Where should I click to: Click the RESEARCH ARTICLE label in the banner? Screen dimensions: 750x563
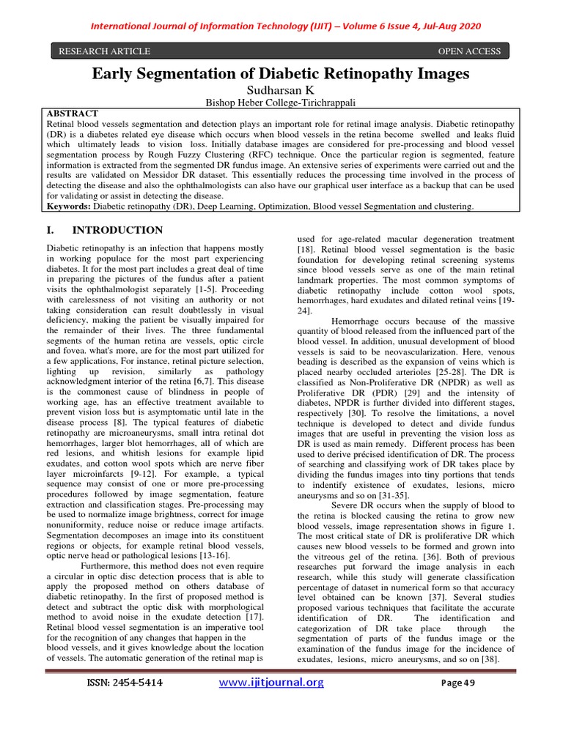104,51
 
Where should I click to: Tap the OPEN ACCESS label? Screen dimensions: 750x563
469,51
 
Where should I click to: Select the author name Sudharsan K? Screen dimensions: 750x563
281,90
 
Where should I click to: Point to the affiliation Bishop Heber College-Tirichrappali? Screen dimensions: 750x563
281,103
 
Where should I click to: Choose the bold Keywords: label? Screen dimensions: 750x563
70,207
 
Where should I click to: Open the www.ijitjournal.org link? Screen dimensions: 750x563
272,683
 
